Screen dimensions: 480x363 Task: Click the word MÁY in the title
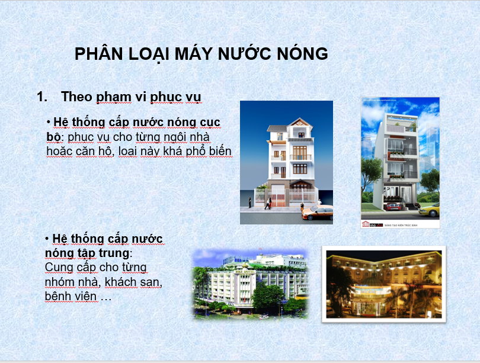point(193,54)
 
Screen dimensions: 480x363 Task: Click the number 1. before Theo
point(42,97)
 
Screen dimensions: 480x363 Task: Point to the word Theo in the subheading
point(76,97)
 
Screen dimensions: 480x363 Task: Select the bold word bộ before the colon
point(53,137)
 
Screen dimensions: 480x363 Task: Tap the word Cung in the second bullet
point(59,268)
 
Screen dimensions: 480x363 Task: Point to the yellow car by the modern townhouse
point(429,210)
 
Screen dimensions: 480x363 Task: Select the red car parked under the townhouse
point(393,207)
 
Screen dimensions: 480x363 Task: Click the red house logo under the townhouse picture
point(366,224)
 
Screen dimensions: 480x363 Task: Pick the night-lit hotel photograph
point(384,284)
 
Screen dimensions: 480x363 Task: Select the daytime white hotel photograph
point(250,284)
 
